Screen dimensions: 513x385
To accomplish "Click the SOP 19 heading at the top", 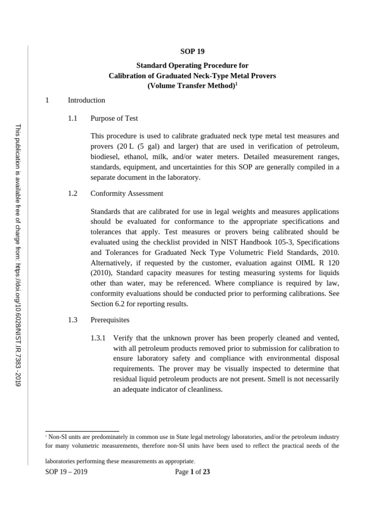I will [x=192, y=51].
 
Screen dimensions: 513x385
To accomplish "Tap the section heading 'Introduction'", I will [x=86, y=100].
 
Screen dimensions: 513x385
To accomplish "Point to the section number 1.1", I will [x=73, y=119].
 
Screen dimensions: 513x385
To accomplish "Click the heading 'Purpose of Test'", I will [x=114, y=119].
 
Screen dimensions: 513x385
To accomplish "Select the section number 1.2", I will [x=73, y=193].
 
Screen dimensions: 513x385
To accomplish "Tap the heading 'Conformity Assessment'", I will [x=127, y=193].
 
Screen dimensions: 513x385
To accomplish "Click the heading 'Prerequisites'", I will [x=110, y=320].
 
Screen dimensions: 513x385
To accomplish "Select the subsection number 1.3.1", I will [x=98, y=338].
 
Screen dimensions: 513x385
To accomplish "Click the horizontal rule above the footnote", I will [x=82, y=431].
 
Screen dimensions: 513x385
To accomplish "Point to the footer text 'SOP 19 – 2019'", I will [x=66, y=471].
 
